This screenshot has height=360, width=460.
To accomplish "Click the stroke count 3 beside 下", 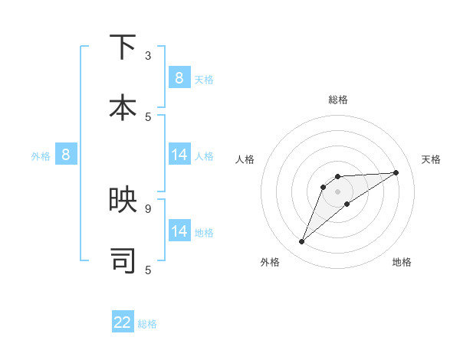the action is coord(148,56).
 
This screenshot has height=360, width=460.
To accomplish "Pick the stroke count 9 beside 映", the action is coord(148,208).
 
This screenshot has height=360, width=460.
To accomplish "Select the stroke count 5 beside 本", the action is coord(148,116).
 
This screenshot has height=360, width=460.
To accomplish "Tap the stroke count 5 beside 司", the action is coord(148,270).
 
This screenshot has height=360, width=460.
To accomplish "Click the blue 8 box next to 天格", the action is coord(179,77).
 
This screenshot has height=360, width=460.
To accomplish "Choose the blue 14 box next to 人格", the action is coord(179,155).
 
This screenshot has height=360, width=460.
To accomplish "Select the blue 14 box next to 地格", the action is coord(179,231).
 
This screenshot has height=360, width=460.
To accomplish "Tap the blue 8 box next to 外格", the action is coord(66,155).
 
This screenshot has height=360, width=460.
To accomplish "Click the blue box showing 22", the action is coord(123,322).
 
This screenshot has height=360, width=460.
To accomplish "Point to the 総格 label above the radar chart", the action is coord(338,100).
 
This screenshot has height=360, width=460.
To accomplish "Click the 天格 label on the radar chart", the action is coord(431,159).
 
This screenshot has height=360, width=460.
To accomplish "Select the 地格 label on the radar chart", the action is coord(402,262).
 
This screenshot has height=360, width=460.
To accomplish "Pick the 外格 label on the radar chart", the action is coord(270,262).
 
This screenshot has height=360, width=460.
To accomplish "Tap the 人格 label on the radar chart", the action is coord(245,159).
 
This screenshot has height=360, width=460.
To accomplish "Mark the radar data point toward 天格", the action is coord(396,172).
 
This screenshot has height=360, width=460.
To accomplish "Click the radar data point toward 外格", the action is coord(302,242).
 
